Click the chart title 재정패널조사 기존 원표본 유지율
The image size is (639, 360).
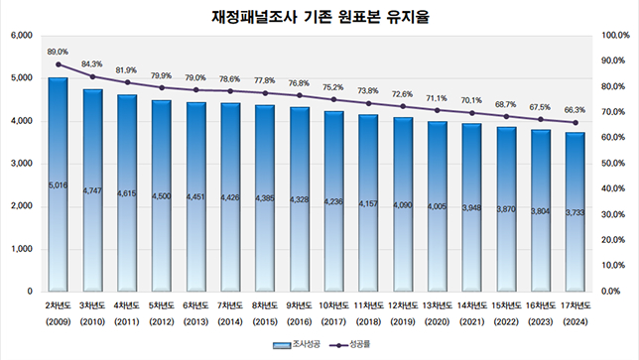pos(319,17)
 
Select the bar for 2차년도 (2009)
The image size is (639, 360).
pos(58,184)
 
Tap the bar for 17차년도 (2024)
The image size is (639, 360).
pos(575,212)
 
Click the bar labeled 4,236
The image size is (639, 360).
pos(333,202)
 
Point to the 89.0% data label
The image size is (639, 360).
pos(58,52)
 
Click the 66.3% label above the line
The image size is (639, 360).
pos(575,110)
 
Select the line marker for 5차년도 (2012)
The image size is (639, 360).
pos(162,88)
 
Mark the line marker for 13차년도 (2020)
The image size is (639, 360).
pos(437,111)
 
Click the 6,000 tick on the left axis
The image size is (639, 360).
pos(22,37)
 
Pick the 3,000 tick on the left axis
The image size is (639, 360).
pos(22,165)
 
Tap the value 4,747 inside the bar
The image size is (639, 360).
pos(92,189)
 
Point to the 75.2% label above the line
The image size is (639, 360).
pos(333,87)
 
